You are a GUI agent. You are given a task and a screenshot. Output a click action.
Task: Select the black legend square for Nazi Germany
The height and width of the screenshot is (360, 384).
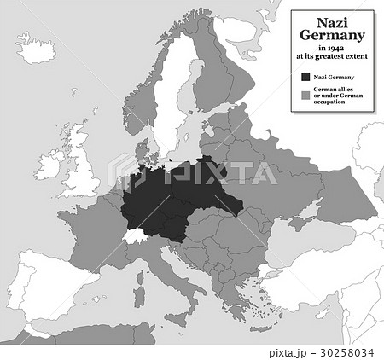click(x=305, y=78)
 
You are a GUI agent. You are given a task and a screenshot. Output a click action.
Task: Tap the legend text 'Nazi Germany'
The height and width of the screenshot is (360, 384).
click(x=335, y=78)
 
